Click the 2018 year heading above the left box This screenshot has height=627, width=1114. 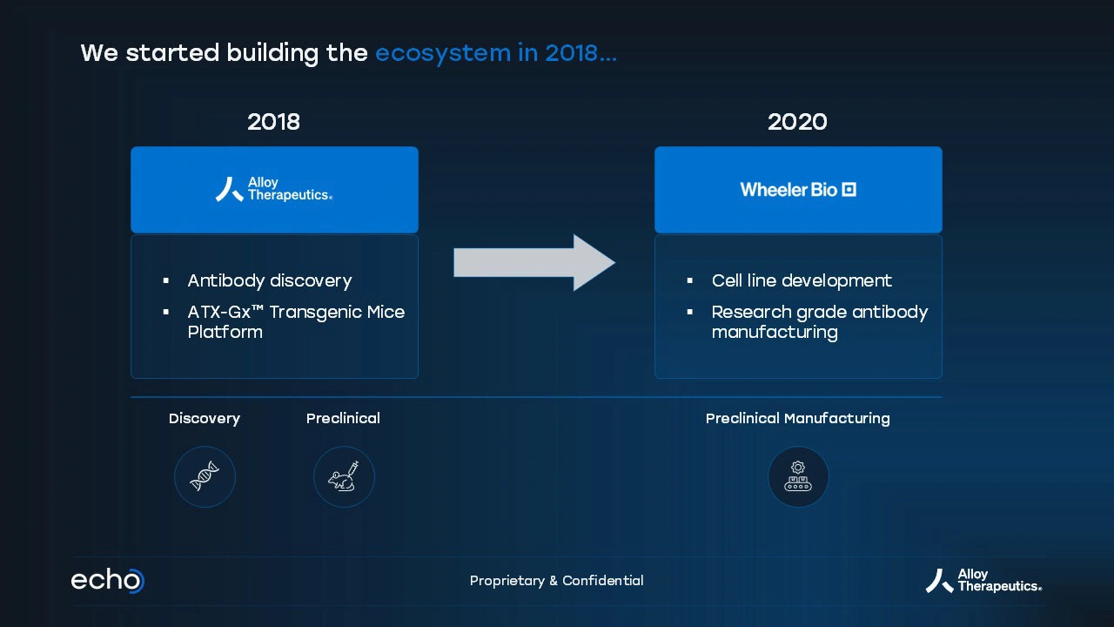(273, 122)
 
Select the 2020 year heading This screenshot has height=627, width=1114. (797, 122)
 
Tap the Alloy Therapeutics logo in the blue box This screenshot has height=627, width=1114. (274, 189)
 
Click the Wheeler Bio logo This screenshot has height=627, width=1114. (798, 190)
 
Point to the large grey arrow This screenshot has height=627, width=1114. (534, 262)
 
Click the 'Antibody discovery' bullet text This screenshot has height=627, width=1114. (270, 280)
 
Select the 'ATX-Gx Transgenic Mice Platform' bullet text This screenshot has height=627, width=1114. (296, 321)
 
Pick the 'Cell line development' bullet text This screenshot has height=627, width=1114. (802, 280)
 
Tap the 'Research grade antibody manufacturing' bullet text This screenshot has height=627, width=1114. (820, 321)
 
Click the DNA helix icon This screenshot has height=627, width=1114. (205, 476)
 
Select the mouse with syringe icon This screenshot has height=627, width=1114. (344, 476)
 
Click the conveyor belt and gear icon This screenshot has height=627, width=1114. (798, 476)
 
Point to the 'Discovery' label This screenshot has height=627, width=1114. (205, 418)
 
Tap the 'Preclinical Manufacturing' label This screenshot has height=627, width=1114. (798, 419)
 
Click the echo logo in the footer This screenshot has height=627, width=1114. (107, 580)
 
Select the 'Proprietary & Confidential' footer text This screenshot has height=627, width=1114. (556, 581)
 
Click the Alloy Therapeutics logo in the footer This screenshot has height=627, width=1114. (983, 581)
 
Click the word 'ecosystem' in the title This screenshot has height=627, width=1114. (443, 53)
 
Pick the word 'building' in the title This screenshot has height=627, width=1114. (272, 53)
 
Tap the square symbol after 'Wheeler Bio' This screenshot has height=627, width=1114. (849, 190)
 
